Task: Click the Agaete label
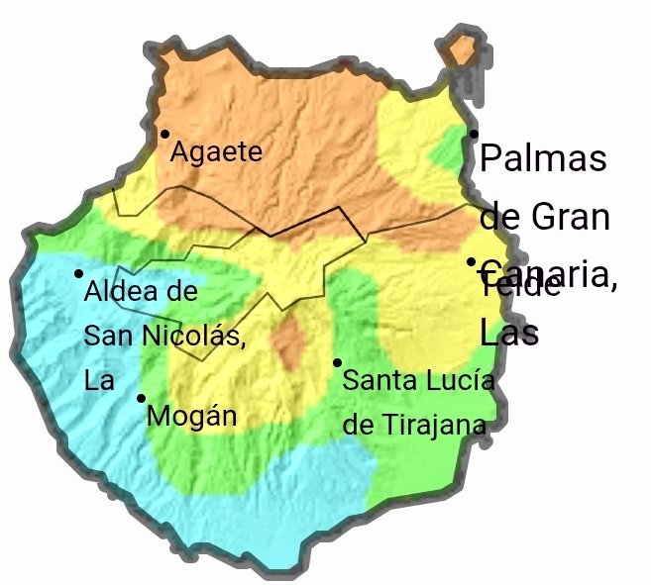pyautogui.click(x=216, y=152)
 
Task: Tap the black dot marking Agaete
pyautogui.click(x=164, y=134)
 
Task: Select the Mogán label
pyautogui.click(x=191, y=416)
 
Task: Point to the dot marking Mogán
pyautogui.click(x=141, y=398)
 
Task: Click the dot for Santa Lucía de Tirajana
pyautogui.click(x=337, y=362)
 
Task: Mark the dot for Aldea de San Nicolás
pyautogui.click(x=78, y=273)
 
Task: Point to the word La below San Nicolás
pyautogui.click(x=99, y=380)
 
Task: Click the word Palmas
pyautogui.click(x=542, y=158)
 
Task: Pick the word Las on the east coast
pyautogui.click(x=508, y=333)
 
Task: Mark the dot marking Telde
pyautogui.click(x=472, y=262)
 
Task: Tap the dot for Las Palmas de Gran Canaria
pyautogui.click(x=474, y=134)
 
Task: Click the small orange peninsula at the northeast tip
pyautogui.click(x=462, y=49)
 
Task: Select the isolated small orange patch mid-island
pyautogui.click(x=289, y=341)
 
